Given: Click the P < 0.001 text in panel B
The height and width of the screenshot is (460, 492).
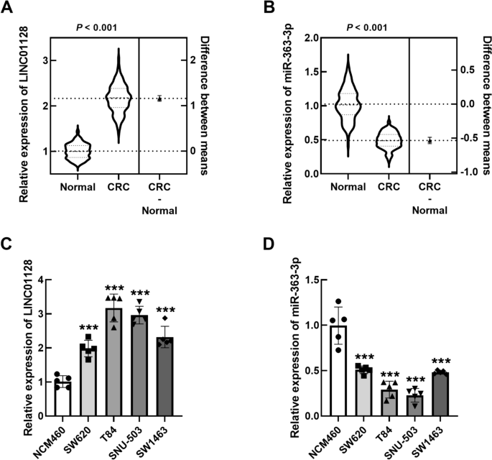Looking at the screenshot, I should pos(366,28).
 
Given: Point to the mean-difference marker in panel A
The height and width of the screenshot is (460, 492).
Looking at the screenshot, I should pos(159,98).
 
